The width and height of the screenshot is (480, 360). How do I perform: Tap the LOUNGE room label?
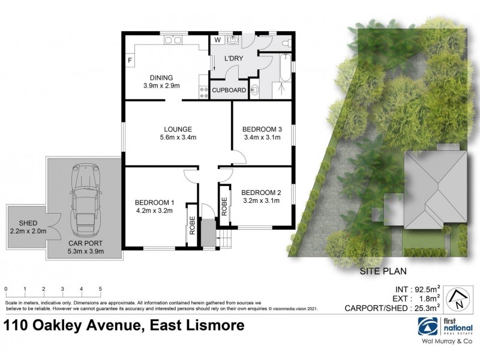(x=178, y=129)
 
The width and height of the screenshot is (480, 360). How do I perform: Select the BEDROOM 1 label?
(x=154, y=202)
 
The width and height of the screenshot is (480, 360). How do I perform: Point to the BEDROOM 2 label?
(x=260, y=192)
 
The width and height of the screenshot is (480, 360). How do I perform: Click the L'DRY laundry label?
(x=233, y=59)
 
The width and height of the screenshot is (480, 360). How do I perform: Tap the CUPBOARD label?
(x=229, y=91)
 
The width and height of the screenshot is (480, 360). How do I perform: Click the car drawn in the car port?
(x=84, y=201)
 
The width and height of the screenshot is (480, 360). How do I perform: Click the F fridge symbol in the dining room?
(x=130, y=60)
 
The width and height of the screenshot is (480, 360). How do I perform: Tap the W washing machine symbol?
(x=217, y=41)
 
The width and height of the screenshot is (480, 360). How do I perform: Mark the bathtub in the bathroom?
(x=284, y=75)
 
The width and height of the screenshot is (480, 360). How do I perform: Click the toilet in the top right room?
(x=286, y=43)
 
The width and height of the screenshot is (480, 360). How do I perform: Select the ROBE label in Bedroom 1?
(x=193, y=224)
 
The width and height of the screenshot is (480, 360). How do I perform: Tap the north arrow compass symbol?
(x=457, y=298)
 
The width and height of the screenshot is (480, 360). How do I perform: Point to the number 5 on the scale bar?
(x=100, y=289)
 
